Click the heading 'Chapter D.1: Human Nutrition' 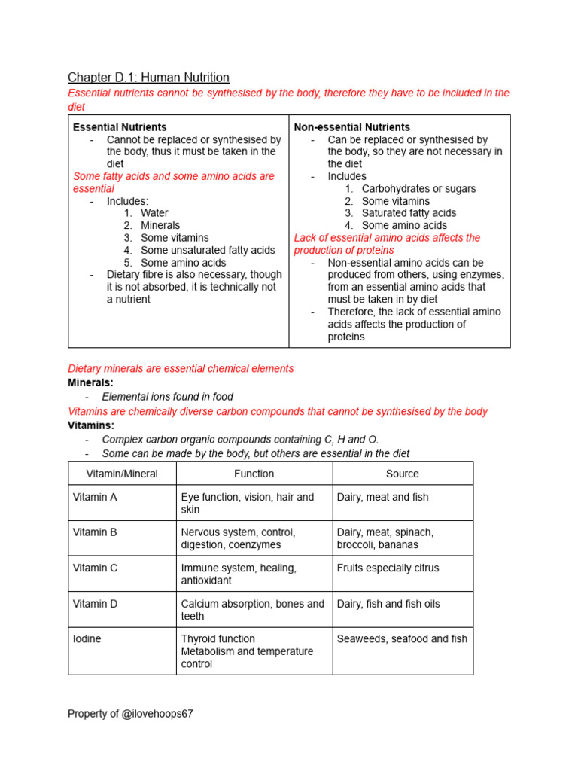click(148, 78)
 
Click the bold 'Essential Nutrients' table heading click(120, 127)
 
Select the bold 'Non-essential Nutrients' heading click(351, 127)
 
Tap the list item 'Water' click(154, 213)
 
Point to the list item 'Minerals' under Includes click(160, 225)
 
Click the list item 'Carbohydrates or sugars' click(418, 189)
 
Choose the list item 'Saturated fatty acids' click(409, 213)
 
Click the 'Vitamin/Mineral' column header click(122, 474)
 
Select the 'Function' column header click(254, 474)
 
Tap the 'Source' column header click(402, 474)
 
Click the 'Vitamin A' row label click(95, 497)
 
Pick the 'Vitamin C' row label click(95, 568)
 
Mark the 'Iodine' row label click(87, 638)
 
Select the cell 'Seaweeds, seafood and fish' click(402, 638)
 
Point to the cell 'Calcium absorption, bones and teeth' click(252, 610)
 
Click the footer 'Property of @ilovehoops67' click(130, 714)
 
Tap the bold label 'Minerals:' click(91, 382)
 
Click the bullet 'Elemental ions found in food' click(167, 397)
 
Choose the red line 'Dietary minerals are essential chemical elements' click(181, 369)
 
